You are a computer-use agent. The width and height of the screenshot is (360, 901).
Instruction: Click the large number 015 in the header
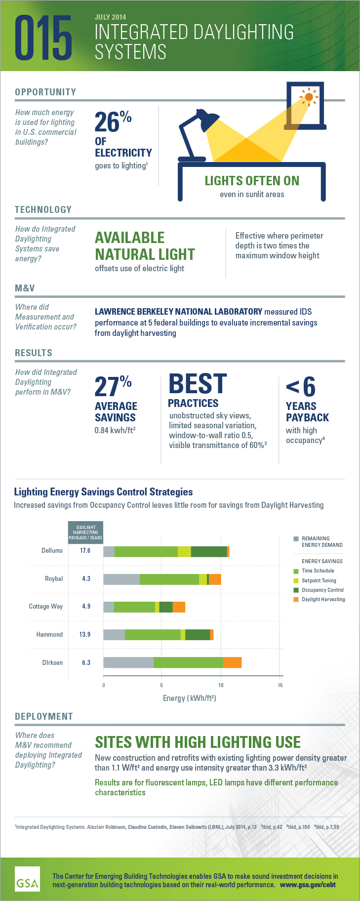coord(43,38)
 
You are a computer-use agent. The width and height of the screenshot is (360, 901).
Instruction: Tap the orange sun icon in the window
coord(309,97)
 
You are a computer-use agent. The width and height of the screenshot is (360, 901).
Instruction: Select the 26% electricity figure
coord(113,122)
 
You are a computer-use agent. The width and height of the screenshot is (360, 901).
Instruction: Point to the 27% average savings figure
coord(113,386)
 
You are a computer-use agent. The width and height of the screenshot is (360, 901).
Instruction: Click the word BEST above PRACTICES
coord(198,384)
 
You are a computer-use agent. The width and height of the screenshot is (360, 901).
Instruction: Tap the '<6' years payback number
coord(300,387)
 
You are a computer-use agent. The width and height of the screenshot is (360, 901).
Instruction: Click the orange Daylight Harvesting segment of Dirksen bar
coord(232,662)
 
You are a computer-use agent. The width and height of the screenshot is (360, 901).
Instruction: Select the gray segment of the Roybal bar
coord(121,578)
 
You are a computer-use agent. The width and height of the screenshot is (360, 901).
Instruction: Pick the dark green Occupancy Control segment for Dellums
coord(209,551)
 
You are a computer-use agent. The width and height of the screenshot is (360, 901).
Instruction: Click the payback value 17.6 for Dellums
coord(85,551)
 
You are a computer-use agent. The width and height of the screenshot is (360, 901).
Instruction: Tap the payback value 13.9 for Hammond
coord(85,635)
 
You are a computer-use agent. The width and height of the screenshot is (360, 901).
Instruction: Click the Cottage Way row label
coord(46,607)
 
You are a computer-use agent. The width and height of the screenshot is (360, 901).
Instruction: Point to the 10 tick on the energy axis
coord(221,685)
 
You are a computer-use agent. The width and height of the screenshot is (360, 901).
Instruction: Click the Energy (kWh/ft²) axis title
coord(189,698)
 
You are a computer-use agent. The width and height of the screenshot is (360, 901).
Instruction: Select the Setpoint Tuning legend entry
coord(319,580)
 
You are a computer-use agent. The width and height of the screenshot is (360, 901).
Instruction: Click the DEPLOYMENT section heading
coord(44,716)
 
